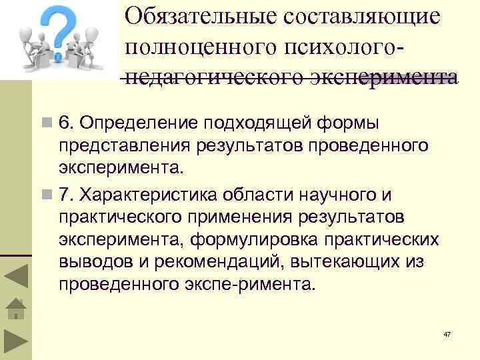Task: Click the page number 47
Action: click(x=448, y=333)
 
